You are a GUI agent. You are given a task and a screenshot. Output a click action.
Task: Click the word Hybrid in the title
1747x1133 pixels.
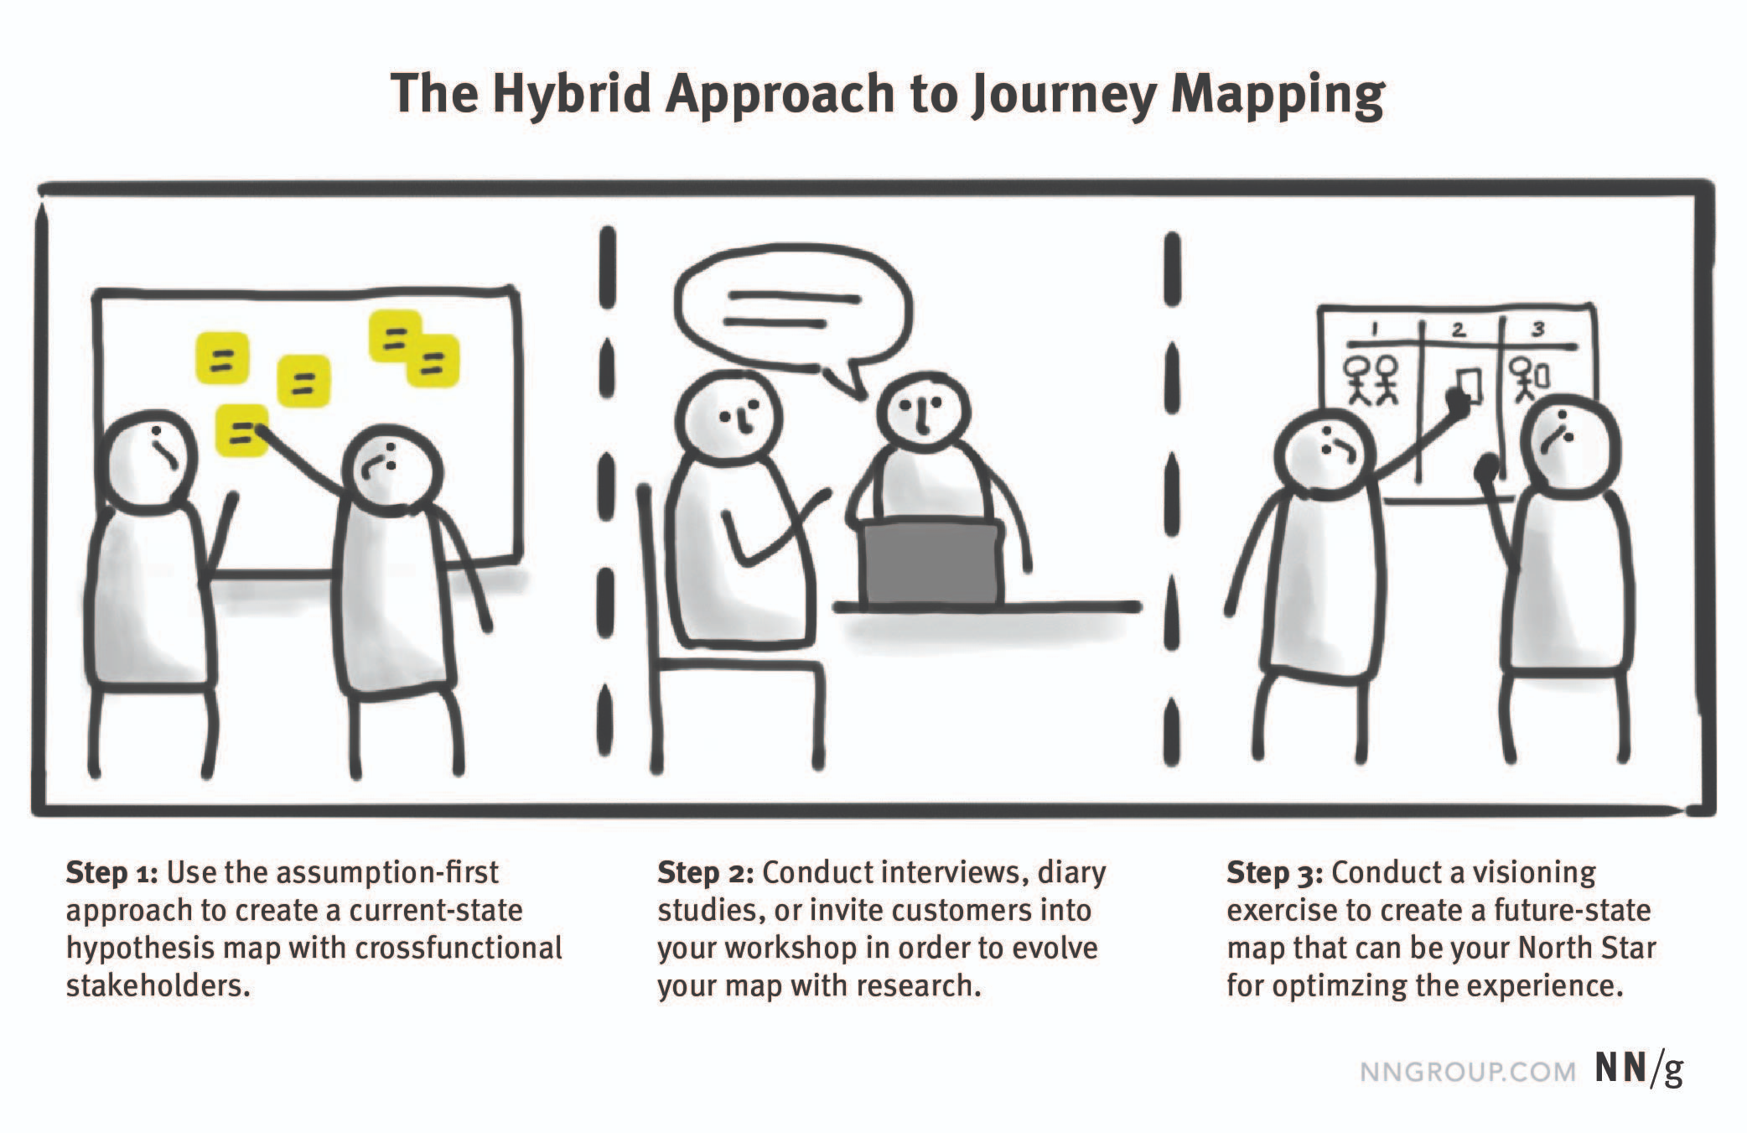(x=571, y=95)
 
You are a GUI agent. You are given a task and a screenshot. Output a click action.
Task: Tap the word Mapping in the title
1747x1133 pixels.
(x=1277, y=95)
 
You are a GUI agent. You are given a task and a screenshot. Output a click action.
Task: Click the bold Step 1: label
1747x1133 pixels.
(x=112, y=874)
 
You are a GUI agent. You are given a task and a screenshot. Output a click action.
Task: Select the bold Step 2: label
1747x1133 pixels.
(x=706, y=874)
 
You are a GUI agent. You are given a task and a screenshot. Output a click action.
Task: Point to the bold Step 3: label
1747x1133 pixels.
(x=1274, y=874)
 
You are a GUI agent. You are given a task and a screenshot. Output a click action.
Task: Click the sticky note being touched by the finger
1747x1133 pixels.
(x=242, y=431)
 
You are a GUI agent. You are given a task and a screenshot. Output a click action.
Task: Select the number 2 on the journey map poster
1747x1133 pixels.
(x=1459, y=330)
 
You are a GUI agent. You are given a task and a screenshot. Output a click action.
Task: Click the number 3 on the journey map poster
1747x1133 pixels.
(x=1537, y=329)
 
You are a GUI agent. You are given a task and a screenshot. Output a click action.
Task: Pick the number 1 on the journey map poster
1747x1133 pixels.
(x=1373, y=330)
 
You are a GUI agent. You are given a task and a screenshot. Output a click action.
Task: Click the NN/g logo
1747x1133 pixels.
(x=1639, y=1069)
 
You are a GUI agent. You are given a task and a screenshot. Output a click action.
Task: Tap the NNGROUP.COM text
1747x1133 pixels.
(x=1467, y=1072)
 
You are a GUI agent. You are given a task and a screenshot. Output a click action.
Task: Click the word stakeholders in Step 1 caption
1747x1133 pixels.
(x=158, y=985)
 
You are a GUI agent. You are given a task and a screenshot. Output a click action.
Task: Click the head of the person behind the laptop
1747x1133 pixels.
(x=923, y=412)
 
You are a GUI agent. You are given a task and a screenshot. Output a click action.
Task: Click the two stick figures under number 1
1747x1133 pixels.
(x=1371, y=379)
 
